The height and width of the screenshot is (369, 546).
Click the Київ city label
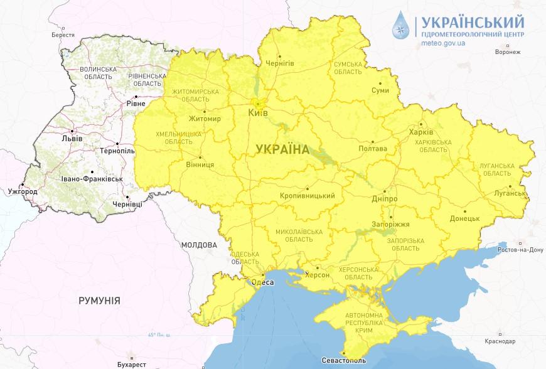(258, 112)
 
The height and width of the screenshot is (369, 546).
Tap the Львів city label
(72, 139)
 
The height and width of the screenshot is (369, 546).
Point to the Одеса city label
(262, 282)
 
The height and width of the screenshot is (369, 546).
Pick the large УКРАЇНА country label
(282, 149)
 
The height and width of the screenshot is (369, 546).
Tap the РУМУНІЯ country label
(99, 301)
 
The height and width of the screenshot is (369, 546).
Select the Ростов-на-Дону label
(521, 250)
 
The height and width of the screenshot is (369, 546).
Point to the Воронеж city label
(508, 52)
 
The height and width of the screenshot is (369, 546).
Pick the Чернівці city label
(132, 204)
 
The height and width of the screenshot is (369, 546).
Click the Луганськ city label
(510, 193)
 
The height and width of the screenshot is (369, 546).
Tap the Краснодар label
(500, 341)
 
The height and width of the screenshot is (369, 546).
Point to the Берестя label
(63, 36)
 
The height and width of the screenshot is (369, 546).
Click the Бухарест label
(131, 364)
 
